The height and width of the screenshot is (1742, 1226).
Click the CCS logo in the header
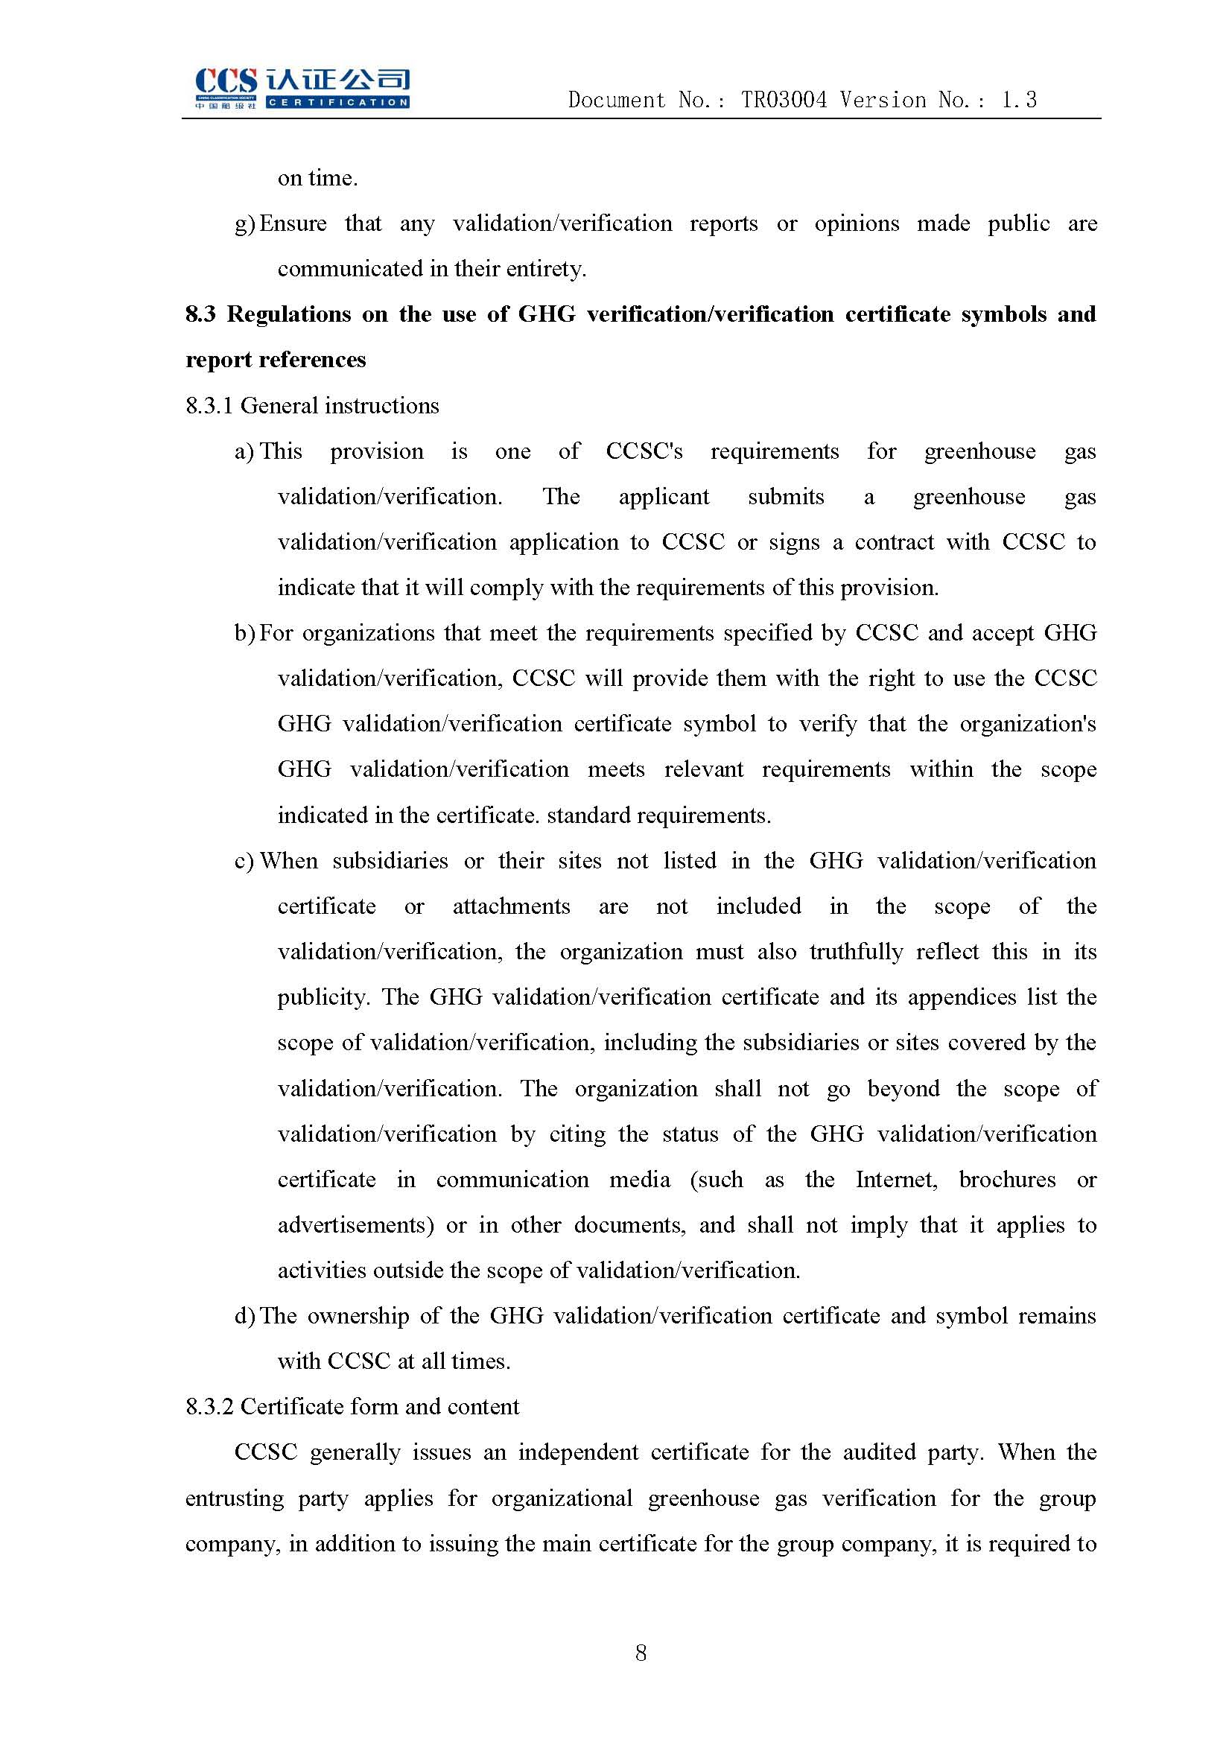pyautogui.click(x=302, y=88)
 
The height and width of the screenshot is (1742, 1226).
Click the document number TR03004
pyautogui.click(x=784, y=100)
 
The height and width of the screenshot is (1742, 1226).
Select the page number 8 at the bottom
pyautogui.click(x=641, y=1652)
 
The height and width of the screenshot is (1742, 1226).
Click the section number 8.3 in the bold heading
pyautogui.click(x=200, y=314)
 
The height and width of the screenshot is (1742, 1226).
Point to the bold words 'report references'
pyautogui.click(x=276, y=360)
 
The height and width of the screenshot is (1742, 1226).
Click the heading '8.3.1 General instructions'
pyautogui.click(x=312, y=406)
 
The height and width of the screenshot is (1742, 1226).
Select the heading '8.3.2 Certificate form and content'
pyautogui.click(x=352, y=1406)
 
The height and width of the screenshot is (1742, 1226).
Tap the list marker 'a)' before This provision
pyautogui.click(x=244, y=451)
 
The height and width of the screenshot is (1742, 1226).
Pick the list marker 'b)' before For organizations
pyautogui.click(x=244, y=633)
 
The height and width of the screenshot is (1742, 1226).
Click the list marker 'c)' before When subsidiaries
pyautogui.click(x=244, y=861)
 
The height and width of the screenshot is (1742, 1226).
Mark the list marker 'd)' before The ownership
pyautogui.click(x=244, y=1315)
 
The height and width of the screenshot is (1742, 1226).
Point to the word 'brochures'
pyautogui.click(x=1007, y=1180)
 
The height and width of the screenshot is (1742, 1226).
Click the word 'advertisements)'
pyautogui.click(x=355, y=1225)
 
